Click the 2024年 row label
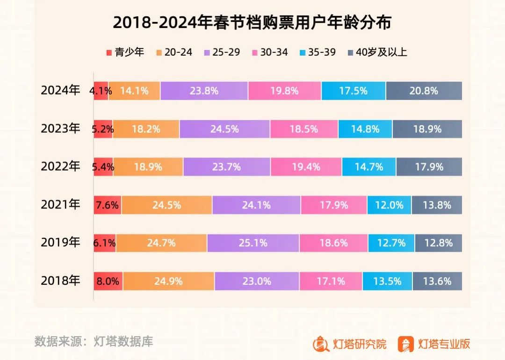[60, 91]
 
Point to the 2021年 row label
[60, 205]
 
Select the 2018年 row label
[60, 281]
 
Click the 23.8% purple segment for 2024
[204, 91]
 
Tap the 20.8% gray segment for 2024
[424, 91]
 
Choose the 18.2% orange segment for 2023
[146, 129]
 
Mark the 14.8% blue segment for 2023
[365, 129]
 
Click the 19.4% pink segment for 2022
[306, 167]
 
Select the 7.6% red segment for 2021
[108, 205]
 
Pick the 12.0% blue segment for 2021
[389, 205]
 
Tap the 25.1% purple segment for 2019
[252, 243]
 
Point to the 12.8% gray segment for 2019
[438, 243]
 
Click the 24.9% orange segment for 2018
[168, 281]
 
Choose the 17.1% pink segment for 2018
[331, 281]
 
